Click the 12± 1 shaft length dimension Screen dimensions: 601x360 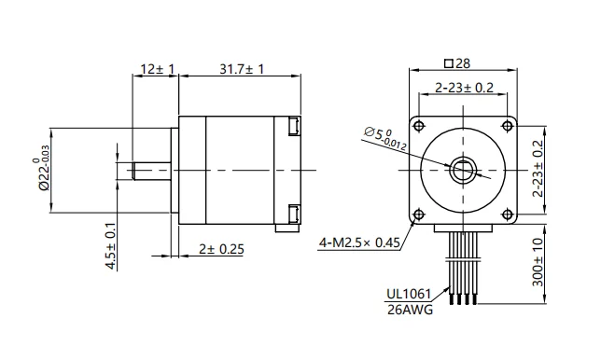click(x=158, y=69)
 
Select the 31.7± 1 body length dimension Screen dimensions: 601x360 click(x=242, y=69)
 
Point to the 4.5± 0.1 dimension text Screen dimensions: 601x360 click(x=111, y=246)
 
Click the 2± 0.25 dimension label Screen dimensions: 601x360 click(x=221, y=249)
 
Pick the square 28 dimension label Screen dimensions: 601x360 click(x=457, y=63)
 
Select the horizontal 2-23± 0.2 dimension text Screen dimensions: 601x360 click(x=464, y=88)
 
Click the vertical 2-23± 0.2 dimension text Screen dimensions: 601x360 click(x=538, y=169)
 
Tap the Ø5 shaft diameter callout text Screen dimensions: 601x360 click(x=384, y=138)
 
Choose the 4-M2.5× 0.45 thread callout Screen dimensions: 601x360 click(x=359, y=242)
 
